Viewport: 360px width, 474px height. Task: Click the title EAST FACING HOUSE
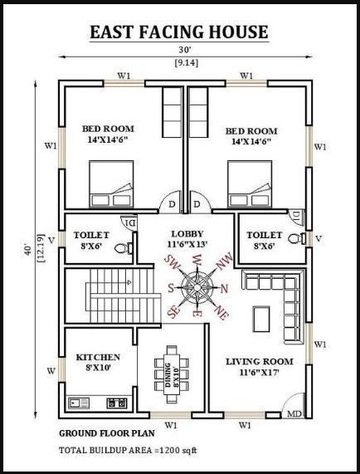pyautogui.click(x=180, y=32)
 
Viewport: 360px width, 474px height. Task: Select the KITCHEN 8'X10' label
pyautogui.click(x=98, y=362)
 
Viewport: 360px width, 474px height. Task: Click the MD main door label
pyautogui.click(x=294, y=413)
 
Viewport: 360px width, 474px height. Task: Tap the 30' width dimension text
pyautogui.click(x=180, y=51)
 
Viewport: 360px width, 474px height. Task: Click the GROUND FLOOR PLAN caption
pyautogui.click(x=105, y=434)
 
